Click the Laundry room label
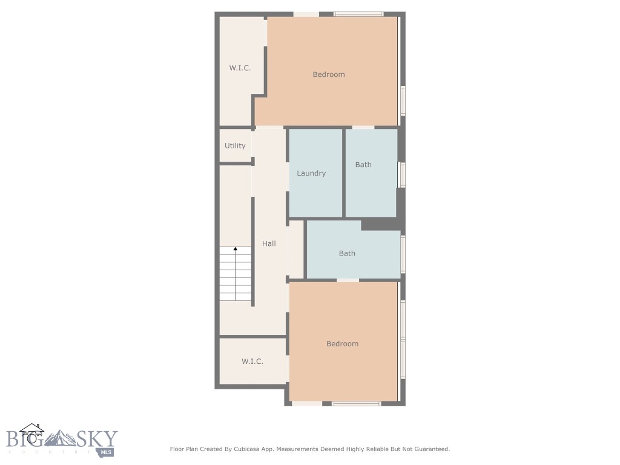click(311, 173)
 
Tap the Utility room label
click(235, 146)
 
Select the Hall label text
click(269, 243)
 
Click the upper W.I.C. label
click(240, 68)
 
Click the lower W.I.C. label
click(252, 361)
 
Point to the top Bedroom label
click(329, 74)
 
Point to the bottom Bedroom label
click(342, 343)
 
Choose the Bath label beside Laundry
click(363, 165)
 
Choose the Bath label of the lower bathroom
click(347, 253)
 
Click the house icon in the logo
click(31, 433)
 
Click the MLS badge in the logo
click(107, 452)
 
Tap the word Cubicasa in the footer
click(248, 449)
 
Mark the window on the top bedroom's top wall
click(358, 14)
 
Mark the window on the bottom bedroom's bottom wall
click(356, 403)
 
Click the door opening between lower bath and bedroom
click(348, 280)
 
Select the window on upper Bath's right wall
click(402, 174)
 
